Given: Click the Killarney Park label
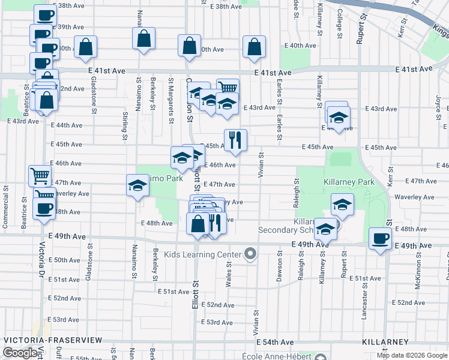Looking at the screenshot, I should [x=349, y=182].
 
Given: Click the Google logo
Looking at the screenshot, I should [x=20, y=353].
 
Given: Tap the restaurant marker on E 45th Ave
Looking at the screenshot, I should [x=235, y=140].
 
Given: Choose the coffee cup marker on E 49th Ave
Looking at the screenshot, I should [x=380, y=238].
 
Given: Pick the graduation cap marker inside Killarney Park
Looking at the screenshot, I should [x=342, y=205].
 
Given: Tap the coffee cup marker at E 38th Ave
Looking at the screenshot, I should [x=44, y=14].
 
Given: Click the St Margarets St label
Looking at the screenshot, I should [x=172, y=91].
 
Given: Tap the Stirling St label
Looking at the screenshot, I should [x=125, y=127].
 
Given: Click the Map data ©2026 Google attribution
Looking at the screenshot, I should [x=412, y=355].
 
